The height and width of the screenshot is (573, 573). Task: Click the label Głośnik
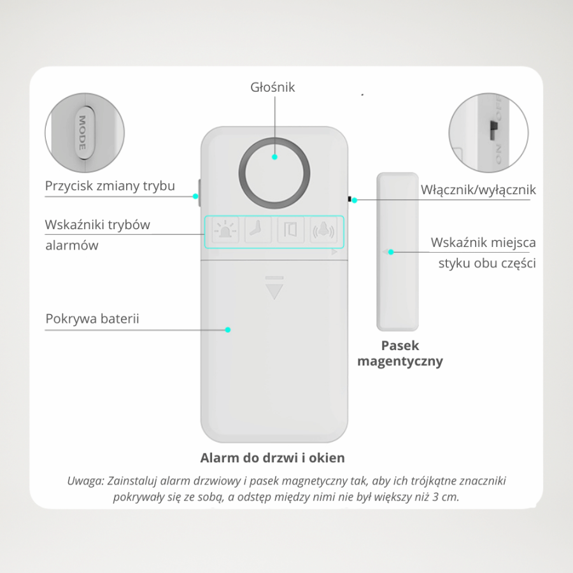click(x=272, y=87)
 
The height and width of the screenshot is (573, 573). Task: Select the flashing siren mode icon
click(x=225, y=230)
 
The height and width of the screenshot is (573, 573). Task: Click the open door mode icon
click(x=290, y=230)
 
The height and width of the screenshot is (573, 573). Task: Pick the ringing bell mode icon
click(x=323, y=230)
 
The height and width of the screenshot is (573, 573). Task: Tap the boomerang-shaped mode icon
click(x=258, y=229)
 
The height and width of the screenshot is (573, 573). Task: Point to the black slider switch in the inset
click(x=493, y=131)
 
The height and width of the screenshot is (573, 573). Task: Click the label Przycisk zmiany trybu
click(x=110, y=186)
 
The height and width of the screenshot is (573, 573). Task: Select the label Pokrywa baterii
click(x=92, y=319)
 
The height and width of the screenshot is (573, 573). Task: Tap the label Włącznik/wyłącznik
click(x=478, y=190)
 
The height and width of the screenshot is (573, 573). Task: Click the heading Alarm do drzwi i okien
click(x=272, y=458)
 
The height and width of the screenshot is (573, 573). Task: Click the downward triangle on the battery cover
click(x=274, y=291)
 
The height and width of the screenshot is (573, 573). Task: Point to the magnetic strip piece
click(x=397, y=251)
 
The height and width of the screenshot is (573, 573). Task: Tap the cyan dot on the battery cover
click(x=228, y=330)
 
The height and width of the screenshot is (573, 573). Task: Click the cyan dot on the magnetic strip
click(x=391, y=252)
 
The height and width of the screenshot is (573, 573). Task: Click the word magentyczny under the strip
click(x=400, y=362)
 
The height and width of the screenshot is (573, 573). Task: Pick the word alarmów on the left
click(x=71, y=246)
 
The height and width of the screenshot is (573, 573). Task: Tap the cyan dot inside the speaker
click(x=275, y=157)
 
